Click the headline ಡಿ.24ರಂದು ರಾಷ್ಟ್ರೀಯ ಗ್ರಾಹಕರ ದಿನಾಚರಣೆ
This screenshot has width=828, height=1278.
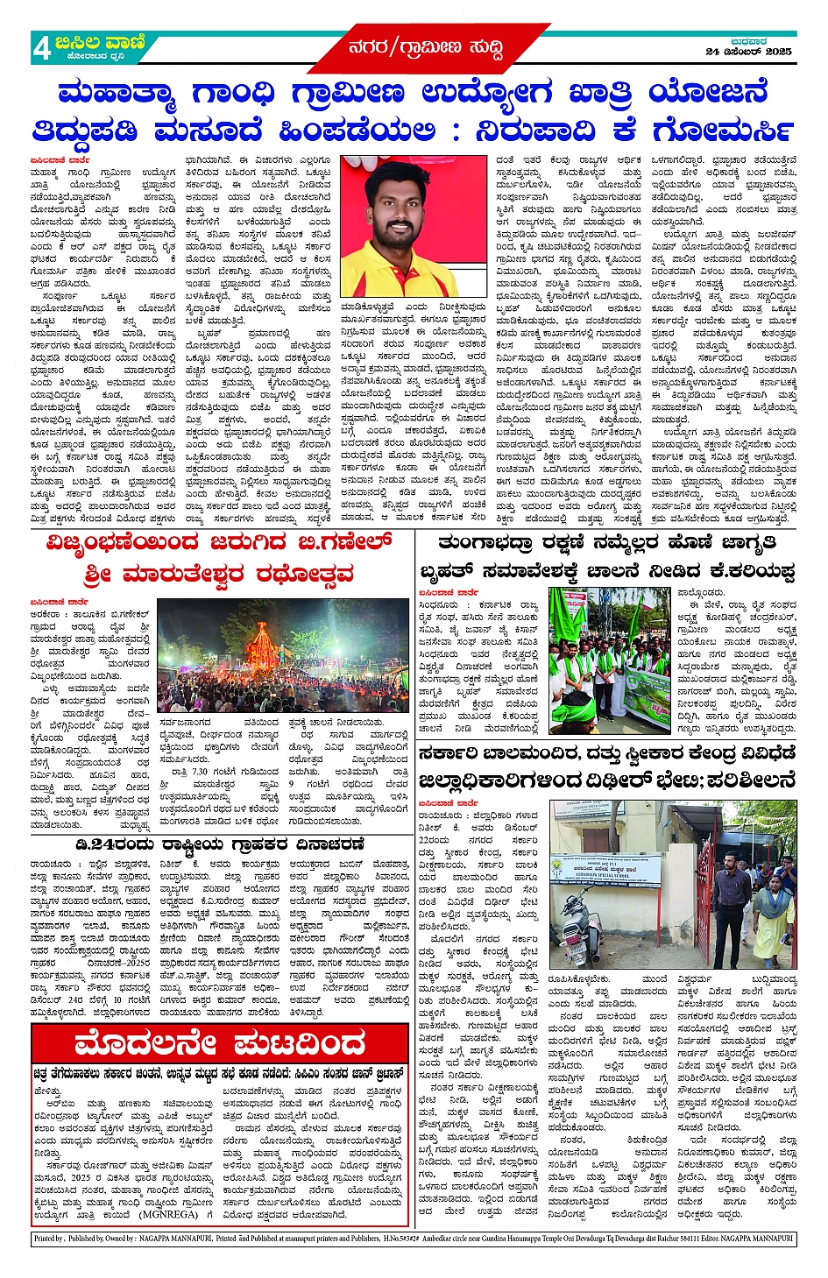tap(219, 845)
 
